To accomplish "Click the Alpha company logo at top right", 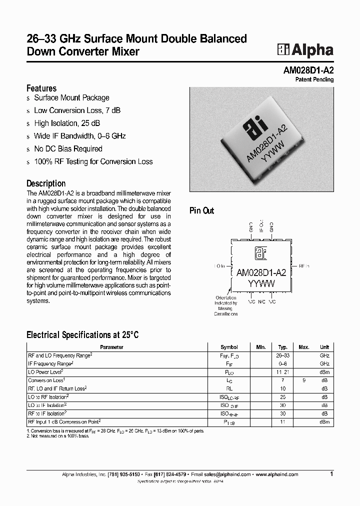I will point(305,49).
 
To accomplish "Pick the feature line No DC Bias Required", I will point(68,148).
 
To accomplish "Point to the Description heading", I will point(46,183).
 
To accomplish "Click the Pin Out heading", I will point(201,210).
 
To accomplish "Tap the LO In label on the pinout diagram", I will point(219,266).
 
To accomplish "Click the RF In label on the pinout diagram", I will point(303,266).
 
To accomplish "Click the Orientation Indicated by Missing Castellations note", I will point(226,305).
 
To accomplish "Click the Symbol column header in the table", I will point(229,347).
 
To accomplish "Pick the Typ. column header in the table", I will point(282,347).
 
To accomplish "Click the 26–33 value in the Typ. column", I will point(282,355).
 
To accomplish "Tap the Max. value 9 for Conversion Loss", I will point(303,380).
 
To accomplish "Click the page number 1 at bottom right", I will point(331,473).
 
